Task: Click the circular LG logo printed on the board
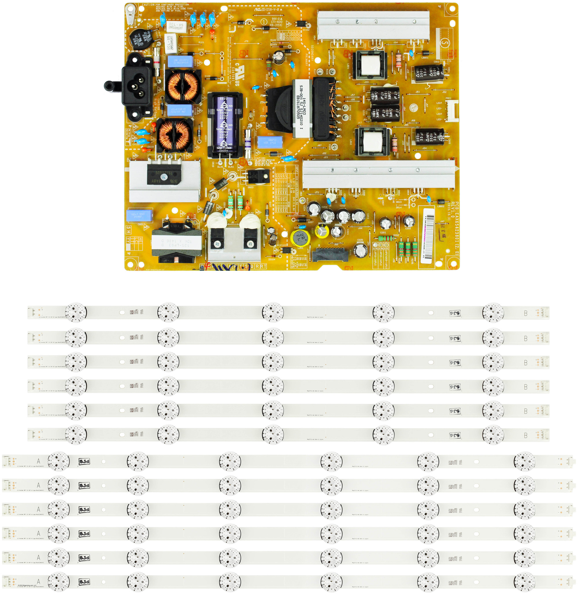pos(413,107)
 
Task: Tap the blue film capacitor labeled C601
pos(139,215)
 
